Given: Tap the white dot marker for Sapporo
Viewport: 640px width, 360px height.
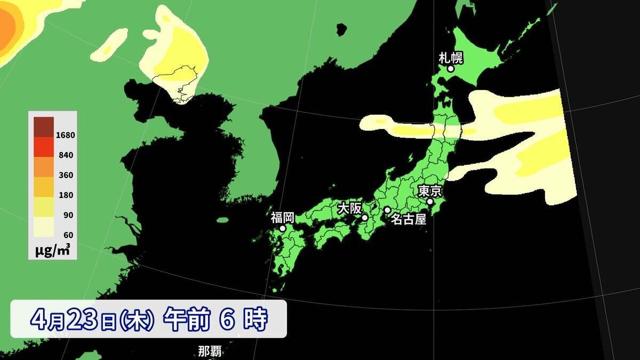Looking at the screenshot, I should click(x=451, y=69).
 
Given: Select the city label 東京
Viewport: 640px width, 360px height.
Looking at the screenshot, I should click(x=430, y=190).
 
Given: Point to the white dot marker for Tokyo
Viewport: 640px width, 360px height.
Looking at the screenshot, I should click(x=430, y=202).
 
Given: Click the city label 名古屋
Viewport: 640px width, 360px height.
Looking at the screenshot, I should click(x=409, y=219).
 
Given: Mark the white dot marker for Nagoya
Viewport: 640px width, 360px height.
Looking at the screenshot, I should click(x=387, y=210).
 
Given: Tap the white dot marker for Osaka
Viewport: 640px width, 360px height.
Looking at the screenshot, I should click(x=365, y=218).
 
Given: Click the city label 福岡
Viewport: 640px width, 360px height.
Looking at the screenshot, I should click(x=282, y=217).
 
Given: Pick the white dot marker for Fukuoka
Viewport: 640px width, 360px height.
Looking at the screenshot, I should click(x=283, y=228).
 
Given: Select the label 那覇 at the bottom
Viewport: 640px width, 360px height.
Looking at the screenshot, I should click(x=210, y=351).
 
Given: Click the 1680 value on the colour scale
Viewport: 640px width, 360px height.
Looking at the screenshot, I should click(x=66, y=135).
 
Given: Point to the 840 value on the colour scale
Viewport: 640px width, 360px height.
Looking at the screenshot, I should click(x=67, y=155).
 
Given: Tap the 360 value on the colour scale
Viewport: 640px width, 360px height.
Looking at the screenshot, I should click(x=67, y=175).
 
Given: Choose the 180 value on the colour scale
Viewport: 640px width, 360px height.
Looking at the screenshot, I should click(x=67, y=195).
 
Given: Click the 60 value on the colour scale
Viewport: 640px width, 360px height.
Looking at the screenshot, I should click(x=68, y=235).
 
